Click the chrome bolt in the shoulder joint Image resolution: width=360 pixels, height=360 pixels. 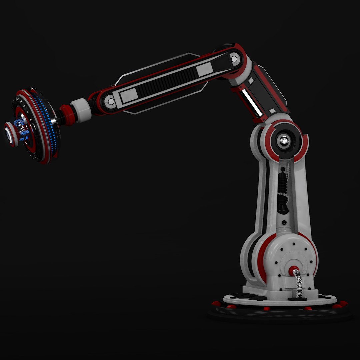(284, 141)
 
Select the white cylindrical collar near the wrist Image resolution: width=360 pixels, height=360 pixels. (81, 110)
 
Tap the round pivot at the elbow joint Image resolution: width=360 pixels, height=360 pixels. (234, 59)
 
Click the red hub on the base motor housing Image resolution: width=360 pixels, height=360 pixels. (294, 270)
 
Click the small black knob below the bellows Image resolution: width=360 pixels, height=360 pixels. (284, 222)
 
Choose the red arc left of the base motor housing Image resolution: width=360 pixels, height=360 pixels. (262, 257)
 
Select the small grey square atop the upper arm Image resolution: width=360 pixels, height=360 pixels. (272, 111)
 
